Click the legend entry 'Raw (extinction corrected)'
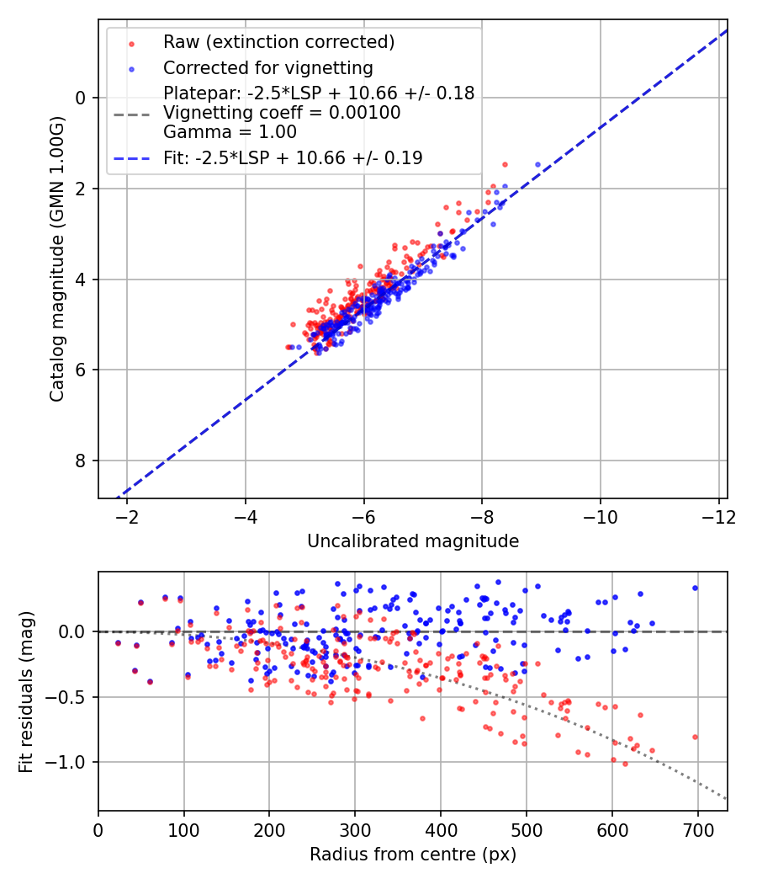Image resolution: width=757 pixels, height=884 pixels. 278,42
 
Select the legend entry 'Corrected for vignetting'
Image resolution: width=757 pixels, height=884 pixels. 267,67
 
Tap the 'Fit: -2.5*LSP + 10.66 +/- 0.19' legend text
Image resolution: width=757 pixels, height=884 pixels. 293,157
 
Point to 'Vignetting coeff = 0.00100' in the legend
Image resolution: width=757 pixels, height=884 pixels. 282,113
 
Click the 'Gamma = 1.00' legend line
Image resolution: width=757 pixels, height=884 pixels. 230,131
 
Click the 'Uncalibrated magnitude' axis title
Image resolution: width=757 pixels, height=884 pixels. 412,541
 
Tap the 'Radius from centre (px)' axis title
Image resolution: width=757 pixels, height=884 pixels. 412,855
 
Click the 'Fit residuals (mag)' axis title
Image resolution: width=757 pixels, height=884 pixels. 26,690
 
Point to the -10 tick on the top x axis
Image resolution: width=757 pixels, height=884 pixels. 600,515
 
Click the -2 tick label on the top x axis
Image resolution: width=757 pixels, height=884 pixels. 128,515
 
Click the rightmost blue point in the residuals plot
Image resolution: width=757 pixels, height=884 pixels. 695,588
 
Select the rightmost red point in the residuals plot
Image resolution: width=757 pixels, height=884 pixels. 695,737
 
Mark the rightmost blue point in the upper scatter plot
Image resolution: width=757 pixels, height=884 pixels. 537,164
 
